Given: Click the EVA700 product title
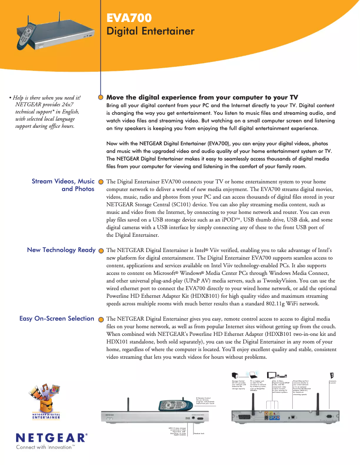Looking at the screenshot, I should (x=129, y=18).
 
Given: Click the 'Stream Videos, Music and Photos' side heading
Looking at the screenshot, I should (x=63, y=185).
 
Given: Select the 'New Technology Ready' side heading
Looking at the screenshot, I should (x=61, y=250).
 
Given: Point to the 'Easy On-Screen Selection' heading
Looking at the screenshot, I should (x=57, y=318).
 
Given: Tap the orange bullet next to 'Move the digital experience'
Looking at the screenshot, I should (x=101, y=97).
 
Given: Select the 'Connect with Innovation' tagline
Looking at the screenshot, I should (x=45, y=447).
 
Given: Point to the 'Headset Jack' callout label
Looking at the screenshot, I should (x=199, y=433).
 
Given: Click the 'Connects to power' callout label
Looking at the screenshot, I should (x=333, y=382).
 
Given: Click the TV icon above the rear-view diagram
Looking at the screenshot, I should (x=271, y=375).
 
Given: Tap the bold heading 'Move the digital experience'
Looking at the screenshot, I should (x=202, y=97).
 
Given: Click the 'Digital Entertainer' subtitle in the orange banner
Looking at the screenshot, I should (x=150, y=31).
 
